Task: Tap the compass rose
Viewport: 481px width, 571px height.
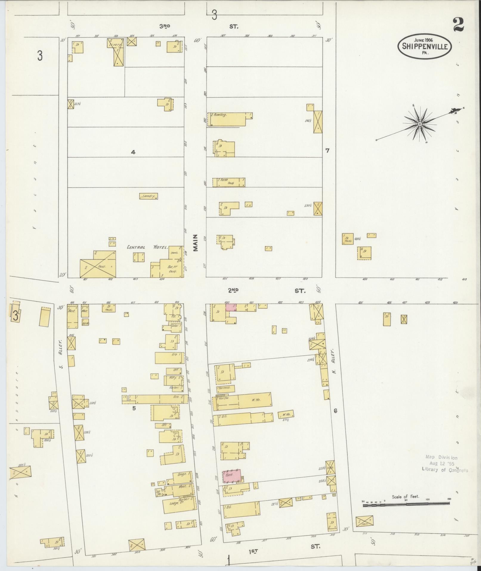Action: pyautogui.click(x=420, y=124)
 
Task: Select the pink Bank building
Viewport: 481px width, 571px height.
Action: pyautogui.click(x=232, y=476)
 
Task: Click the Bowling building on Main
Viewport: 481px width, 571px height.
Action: pyautogui.click(x=230, y=119)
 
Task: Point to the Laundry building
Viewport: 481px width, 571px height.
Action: pyautogui.click(x=149, y=196)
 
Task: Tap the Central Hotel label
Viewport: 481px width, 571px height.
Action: pyautogui.click(x=148, y=247)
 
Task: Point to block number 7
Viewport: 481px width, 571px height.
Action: pyautogui.click(x=327, y=150)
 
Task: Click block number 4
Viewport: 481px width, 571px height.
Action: pyautogui.click(x=133, y=152)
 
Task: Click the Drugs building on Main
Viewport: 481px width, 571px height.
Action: pyautogui.click(x=182, y=474)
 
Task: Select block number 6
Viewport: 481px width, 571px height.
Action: pyautogui.click(x=335, y=411)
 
